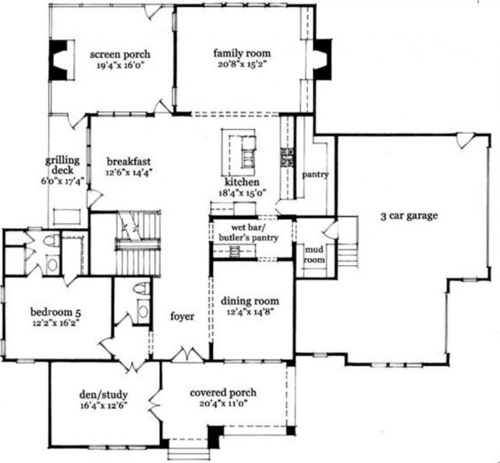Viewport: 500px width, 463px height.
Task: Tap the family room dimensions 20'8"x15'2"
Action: [242, 64]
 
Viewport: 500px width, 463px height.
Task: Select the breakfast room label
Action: [129, 159]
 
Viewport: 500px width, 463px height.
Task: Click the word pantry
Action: [315, 174]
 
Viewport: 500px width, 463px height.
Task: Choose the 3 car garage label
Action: [410, 216]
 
